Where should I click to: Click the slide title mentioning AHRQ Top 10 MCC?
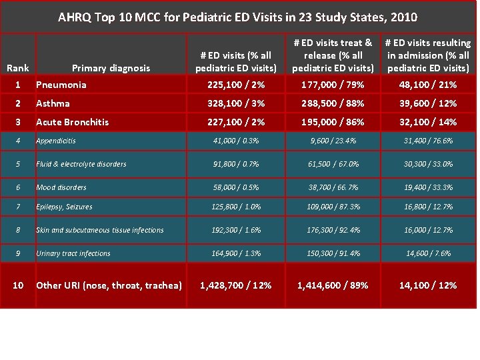(238, 16)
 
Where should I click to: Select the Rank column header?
(18, 67)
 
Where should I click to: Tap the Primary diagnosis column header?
(111, 67)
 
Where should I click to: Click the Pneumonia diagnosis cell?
(61, 85)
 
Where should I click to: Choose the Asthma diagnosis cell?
(53, 103)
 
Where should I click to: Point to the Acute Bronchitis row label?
(72, 122)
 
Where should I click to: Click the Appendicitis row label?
(56, 141)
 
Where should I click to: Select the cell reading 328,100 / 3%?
(236, 103)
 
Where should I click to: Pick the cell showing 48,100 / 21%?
(428, 85)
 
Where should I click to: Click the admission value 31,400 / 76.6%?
(428, 141)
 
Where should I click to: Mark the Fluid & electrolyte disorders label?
(81, 164)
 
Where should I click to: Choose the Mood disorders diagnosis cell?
(61, 187)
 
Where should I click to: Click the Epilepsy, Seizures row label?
(65, 207)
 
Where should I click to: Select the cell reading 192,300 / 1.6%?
(236, 230)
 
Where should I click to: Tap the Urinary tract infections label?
(73, 253)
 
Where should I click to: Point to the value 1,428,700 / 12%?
(236, 285)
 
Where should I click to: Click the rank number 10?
(18, 285)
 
